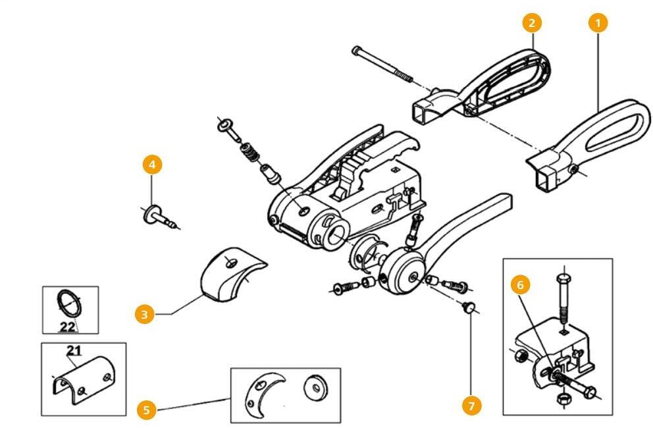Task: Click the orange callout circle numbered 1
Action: (x=597, y=22)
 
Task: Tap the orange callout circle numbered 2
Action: (x=532, y=22)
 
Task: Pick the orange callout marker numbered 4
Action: (x=152, y=164)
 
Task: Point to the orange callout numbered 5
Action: (x=146, y=410)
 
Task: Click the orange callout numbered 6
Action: (x=520, y=286)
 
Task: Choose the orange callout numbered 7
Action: (x=471, y=406)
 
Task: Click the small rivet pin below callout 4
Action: (x=160, y=217)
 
